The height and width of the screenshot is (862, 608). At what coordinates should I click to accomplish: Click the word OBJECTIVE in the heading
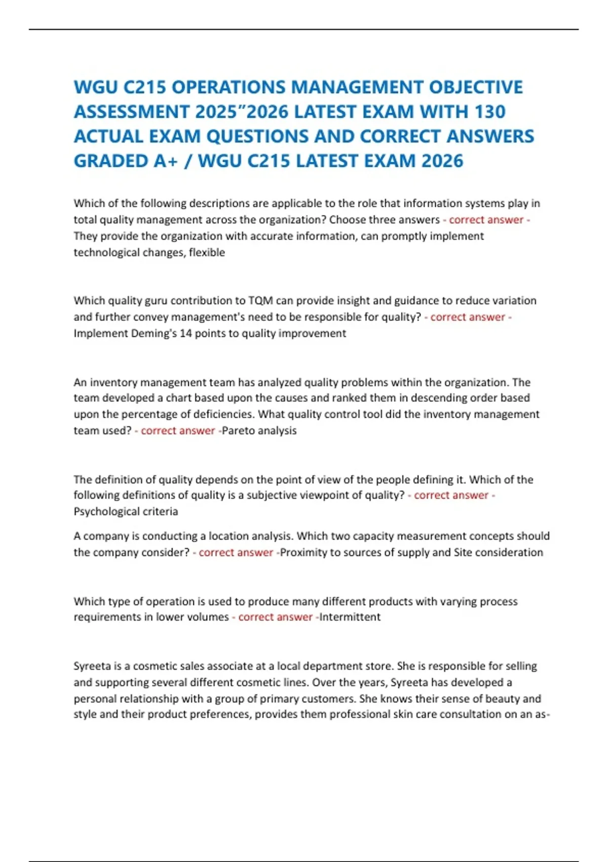[x=476, y=87]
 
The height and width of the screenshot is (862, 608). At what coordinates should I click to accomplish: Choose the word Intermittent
[x=350, y=617]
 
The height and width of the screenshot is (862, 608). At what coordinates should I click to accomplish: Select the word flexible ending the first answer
[x=207, y=252]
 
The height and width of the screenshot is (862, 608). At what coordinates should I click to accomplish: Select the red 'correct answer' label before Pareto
[x=178, y=430]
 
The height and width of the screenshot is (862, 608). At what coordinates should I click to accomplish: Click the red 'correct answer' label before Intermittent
[x=275, y=617]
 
